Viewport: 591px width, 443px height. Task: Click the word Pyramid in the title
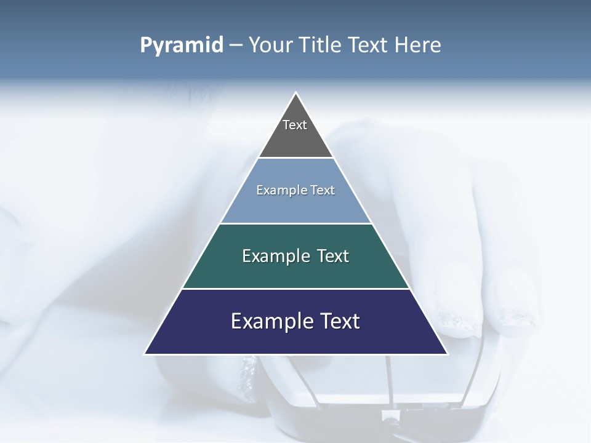[182, 46]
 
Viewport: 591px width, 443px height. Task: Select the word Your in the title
[270, 46]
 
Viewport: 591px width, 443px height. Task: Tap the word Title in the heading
[320, 46]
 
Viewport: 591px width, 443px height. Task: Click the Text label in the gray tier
[295, 125]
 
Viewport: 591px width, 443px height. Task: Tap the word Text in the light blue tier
[323, 190]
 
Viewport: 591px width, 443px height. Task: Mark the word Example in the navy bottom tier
[265, 321]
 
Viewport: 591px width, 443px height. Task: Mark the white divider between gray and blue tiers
[295, 158]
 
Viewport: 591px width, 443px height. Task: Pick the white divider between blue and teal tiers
[295, 223]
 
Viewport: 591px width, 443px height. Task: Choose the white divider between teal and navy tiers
[295, 289]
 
